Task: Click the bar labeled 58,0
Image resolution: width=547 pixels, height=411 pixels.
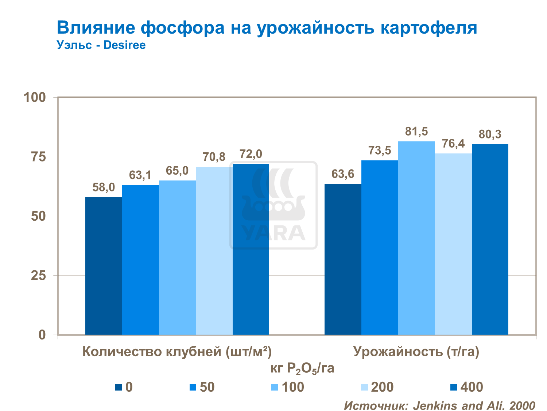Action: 104,266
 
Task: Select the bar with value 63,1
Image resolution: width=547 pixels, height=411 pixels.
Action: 140,260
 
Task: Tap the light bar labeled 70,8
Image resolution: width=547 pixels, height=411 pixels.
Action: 214,251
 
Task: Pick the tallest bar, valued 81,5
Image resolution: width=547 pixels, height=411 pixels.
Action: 416,238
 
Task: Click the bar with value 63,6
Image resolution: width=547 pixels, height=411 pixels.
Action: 343,259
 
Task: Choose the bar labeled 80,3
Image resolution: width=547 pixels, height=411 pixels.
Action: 490,239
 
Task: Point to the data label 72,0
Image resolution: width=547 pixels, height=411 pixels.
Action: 251,154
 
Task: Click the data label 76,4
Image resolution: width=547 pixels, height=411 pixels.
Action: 453,144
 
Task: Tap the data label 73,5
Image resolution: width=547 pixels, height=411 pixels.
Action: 380,150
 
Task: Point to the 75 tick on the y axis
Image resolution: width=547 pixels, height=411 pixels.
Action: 38,157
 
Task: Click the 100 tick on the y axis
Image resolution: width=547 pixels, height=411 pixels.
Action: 35,98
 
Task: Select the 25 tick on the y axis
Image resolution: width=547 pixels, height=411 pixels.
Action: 38,275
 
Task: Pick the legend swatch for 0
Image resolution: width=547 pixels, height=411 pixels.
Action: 119,387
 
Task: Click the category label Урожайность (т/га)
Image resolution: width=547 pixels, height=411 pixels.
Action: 416,351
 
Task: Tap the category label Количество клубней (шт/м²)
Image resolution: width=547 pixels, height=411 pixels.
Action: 177,351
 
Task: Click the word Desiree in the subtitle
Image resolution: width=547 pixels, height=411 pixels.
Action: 124,45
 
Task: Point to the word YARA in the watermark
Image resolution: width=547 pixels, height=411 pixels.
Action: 273,233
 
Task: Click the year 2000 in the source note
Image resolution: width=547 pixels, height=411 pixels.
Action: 522,406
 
